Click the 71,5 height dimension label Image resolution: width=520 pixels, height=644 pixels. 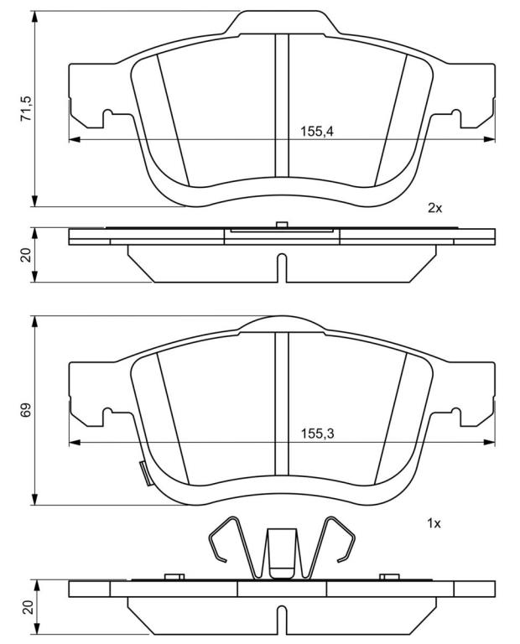[x=26, y=108]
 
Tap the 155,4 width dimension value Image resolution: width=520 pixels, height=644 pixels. [x=317, y=132]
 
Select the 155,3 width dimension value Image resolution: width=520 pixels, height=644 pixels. [x=318, y=434]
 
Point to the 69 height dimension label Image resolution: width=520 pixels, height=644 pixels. [x=26, y=410]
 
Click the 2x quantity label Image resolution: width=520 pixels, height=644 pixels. [x=435, y=208]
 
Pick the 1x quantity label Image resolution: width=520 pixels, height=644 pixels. [x=434, y=523]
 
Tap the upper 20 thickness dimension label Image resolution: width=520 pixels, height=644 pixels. [x=26, y=255]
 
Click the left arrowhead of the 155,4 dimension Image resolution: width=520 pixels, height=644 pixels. [x=75, y=140]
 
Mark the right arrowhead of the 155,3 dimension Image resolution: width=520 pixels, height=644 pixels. [x=489, y=443]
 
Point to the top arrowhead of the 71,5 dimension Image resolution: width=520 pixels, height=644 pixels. [x=35, y=18]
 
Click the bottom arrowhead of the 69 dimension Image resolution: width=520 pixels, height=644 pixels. [x=35, y=499]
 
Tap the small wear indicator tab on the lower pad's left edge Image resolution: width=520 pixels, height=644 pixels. [x=145, y=473]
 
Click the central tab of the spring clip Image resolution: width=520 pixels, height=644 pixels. [x=282, y=553]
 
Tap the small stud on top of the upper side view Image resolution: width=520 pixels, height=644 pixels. [x=282, y=225]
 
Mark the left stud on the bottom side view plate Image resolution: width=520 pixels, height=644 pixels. [x=174, y=578]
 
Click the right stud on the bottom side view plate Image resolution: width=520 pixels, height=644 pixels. [x=389, y=578]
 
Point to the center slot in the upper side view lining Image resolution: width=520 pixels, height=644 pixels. [x=282, y=267]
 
